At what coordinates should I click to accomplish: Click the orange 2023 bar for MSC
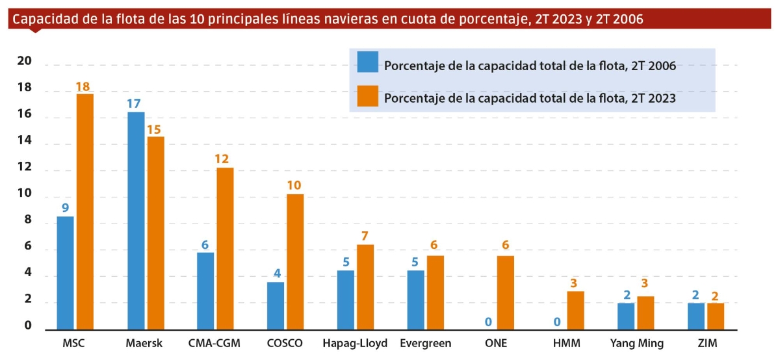click(x=85, y=211)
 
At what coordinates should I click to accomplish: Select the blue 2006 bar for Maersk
click(x=136, y=221)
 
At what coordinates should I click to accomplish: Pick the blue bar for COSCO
click(x=276, y=305)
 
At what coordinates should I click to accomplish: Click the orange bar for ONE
click(x=506, y=292)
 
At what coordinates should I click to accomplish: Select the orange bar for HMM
click(x=576, y=310)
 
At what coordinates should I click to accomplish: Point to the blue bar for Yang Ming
click(x=626, y=316)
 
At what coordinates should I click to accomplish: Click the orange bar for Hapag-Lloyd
click(x=365, y=287)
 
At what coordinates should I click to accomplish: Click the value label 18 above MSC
click(x=84, y=86)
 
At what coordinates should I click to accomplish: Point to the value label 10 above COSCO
click(x=294, y=185)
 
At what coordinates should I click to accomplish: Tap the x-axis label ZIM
click(x=706, y=342)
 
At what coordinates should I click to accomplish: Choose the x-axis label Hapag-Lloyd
click(x=355, y=342)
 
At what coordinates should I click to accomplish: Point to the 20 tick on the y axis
click(x=24, y=62)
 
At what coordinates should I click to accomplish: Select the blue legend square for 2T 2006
click(x=368, y=62)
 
